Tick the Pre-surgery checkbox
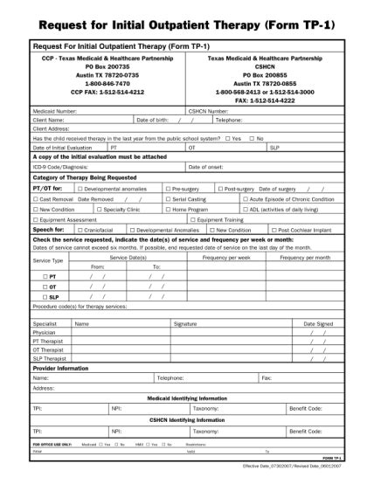pyautogui.click(x=169, y=189)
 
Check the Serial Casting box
pyautogui.click(x=169, y=199)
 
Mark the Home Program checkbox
pyautogui.click(x=169, y=210)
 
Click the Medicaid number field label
pyautogui.click(x=53, y=112)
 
